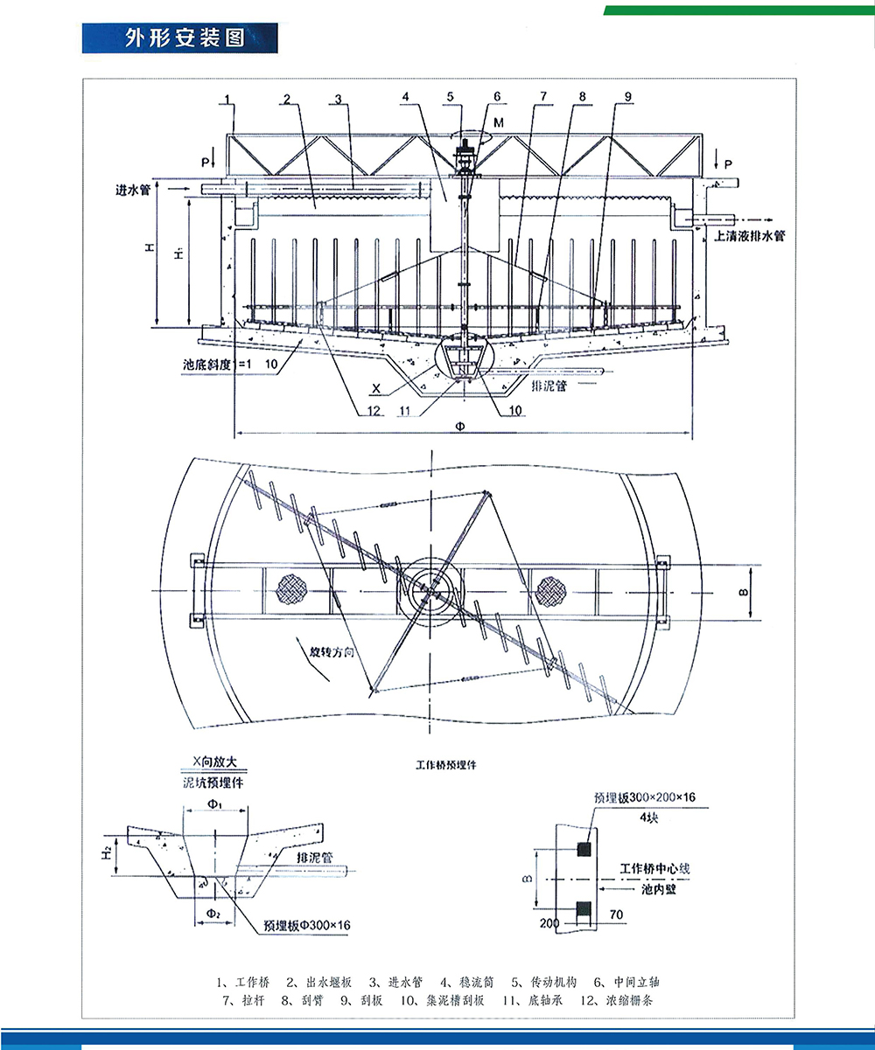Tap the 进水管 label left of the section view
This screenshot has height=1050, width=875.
[132, 189]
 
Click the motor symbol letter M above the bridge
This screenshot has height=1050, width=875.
[497, 124]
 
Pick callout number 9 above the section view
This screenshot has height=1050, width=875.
[626, 96]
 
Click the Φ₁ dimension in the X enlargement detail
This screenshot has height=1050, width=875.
[214, 803]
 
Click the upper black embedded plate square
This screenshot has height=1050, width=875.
[584, 847]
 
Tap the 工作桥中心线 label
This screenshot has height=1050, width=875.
[655, 868]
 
